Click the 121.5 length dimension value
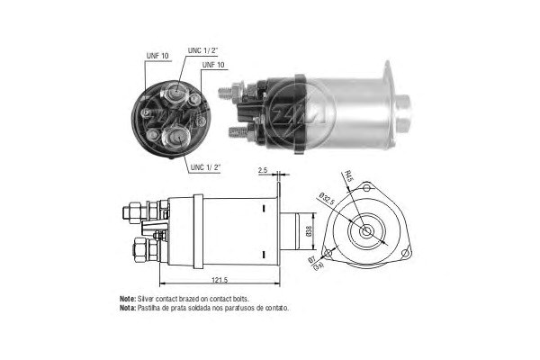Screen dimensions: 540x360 pos(220,280)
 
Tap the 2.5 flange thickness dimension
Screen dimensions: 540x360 pos(263,170)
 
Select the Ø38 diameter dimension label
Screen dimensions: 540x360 pos(309,230)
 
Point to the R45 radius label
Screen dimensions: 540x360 pos(349,177)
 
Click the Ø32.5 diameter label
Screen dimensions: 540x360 pos(327,199)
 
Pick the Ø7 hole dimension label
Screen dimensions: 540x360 pos(312,259)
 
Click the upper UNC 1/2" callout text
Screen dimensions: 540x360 pos(203,50)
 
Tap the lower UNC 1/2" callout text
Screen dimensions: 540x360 pos(205,167)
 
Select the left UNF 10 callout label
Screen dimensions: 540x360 pos(157,56)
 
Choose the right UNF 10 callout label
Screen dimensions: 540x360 pos(213,65)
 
